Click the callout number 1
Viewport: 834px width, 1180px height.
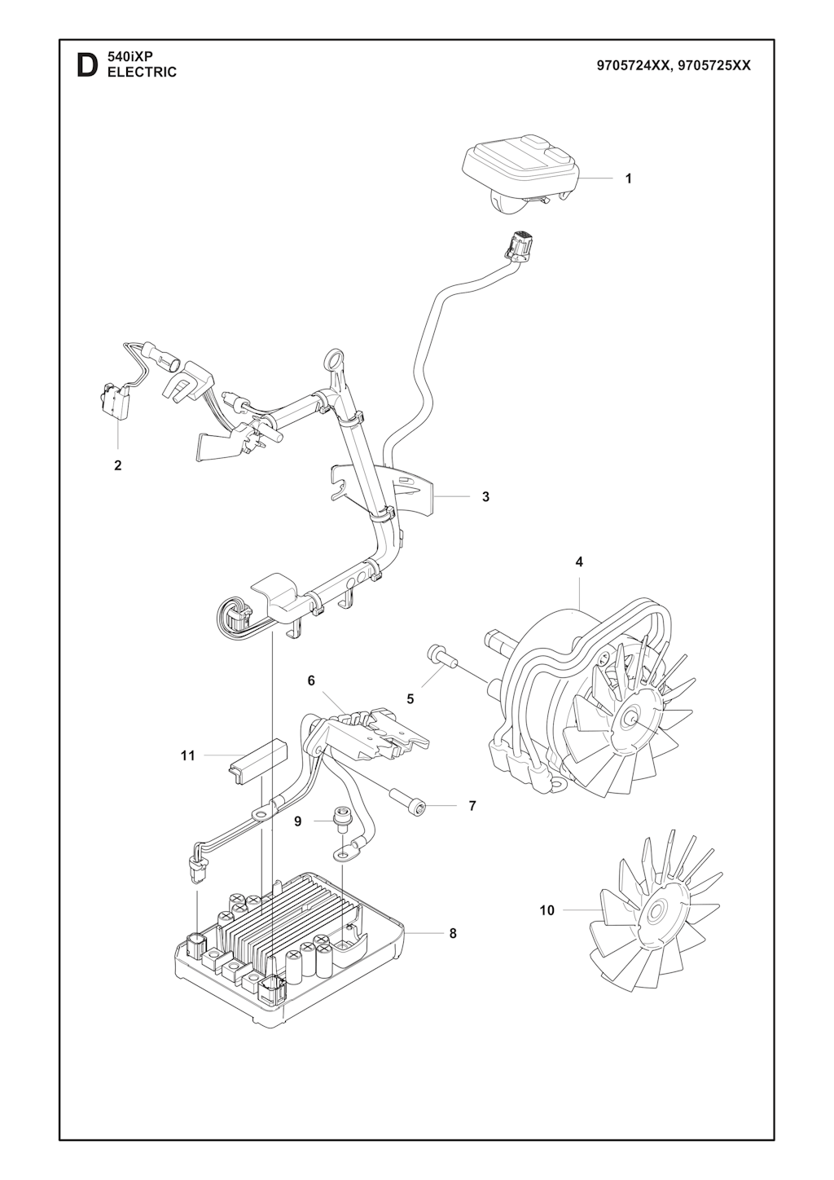click(x=628, y=178)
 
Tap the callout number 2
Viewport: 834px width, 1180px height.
click(x=117, y=465)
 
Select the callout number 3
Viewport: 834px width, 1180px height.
click(x=486, y=496)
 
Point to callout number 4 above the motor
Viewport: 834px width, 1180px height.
click(x=579, y=562)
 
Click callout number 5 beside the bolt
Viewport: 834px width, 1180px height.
click(x=410, y=699)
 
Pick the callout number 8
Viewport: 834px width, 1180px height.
click(x=453, y=933)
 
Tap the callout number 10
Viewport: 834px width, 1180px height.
click(x=547, y=910)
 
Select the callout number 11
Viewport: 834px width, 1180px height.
click(x=188, y=756)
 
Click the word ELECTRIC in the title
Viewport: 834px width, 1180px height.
click(x=143, y=73)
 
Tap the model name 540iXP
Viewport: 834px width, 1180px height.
click(x=129, y=59)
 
